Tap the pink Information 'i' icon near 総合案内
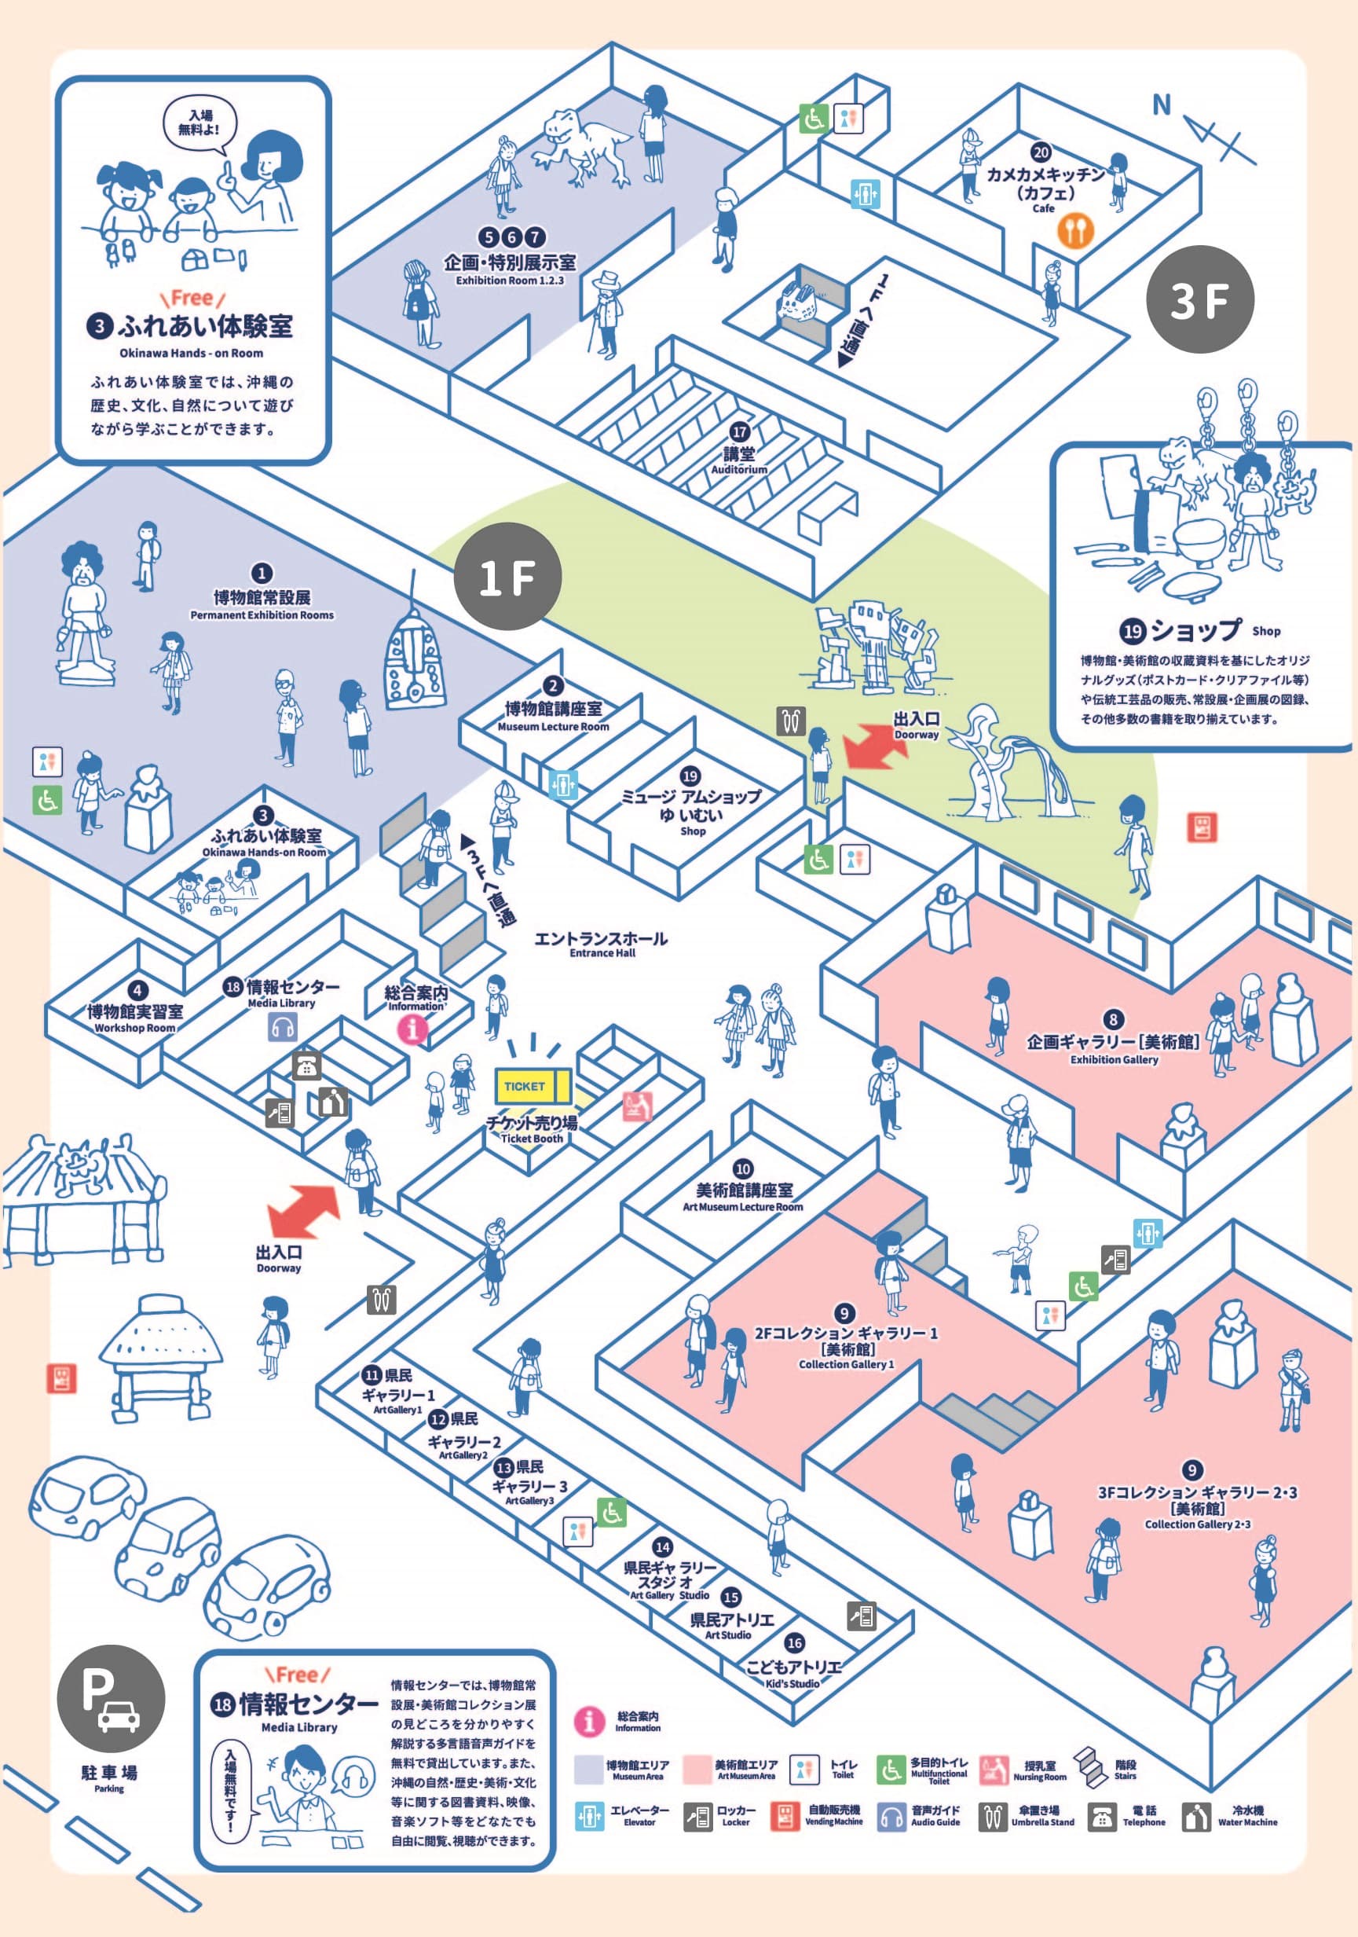tap(413, 1029)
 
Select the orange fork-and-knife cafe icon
tap(1074, 229)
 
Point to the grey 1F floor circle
tap(507, 577)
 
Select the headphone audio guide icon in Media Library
tap(283, 1027)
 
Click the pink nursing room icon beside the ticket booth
tap(638, 1106)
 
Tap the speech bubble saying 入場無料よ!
tap(200, 124)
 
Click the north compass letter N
tap(1162, 105)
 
